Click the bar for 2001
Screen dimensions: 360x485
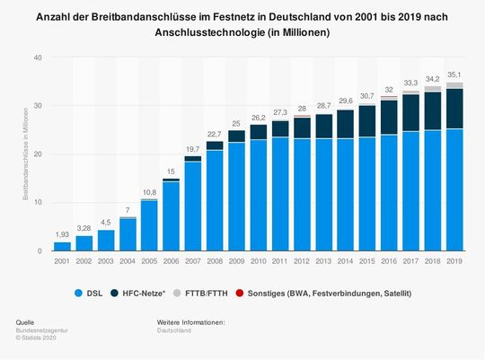coord(62,246)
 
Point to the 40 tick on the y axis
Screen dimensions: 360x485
coord(37,57)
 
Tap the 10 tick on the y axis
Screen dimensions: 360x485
coord(37,203)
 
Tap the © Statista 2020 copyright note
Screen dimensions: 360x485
coord(37,338)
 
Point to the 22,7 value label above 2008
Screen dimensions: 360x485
coord(214,135)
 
